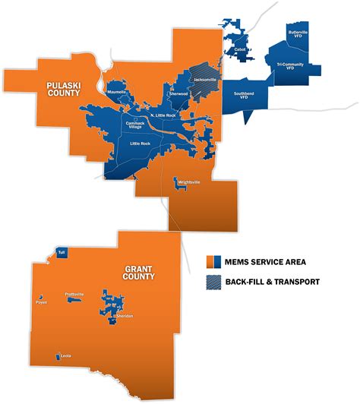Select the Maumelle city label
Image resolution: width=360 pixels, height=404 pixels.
point(117,93)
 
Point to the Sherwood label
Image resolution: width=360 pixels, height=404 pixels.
point(178,93)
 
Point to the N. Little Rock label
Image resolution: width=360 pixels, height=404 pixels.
point(163,115)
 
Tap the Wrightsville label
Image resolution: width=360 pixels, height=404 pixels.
point(188,182)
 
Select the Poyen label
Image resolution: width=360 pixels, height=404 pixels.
point(41,302)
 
